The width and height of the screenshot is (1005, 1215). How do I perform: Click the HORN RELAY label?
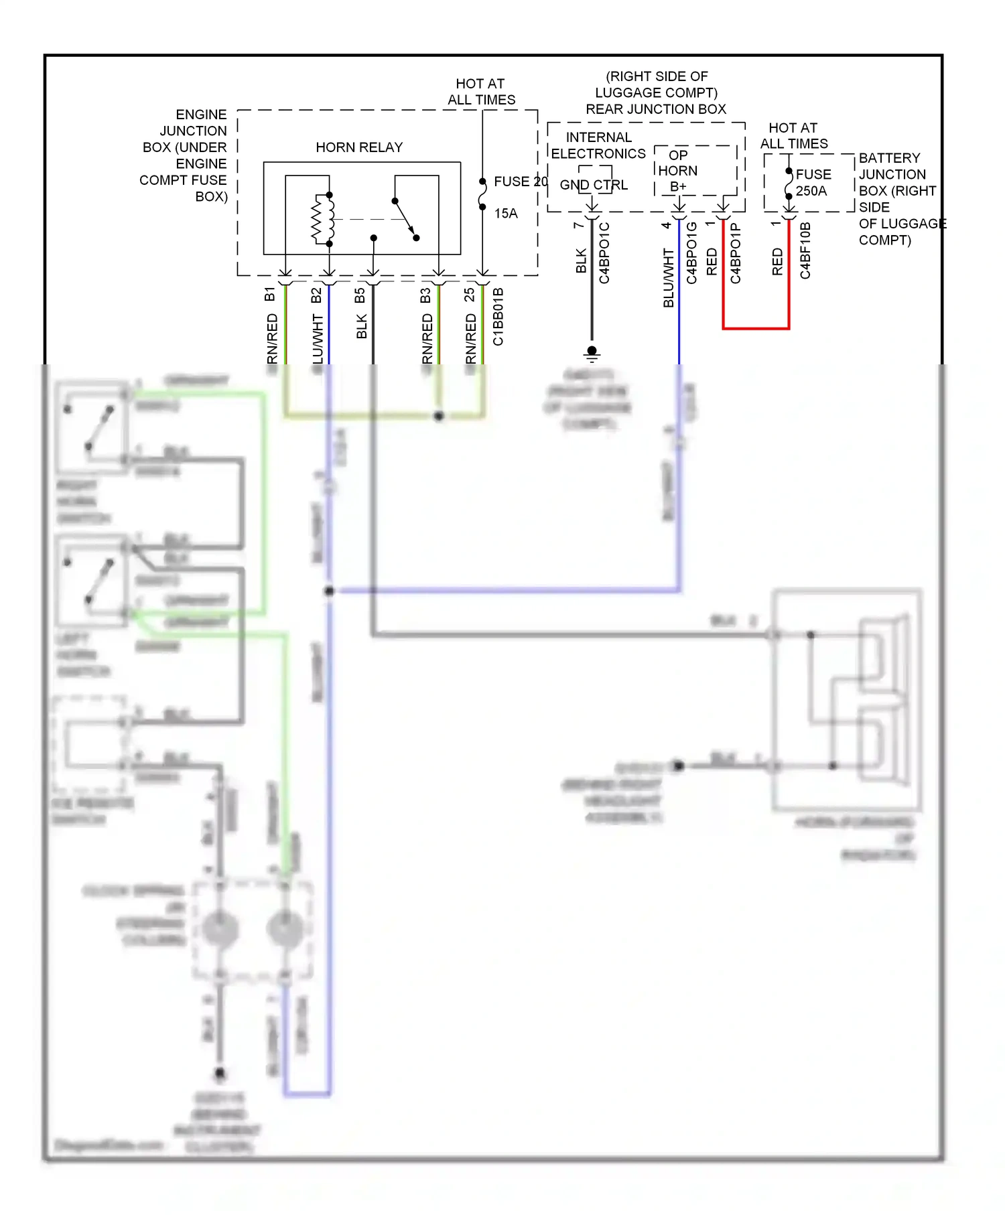(x=359, y=147)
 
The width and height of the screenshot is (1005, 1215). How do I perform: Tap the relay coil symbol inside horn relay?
(x=322, y=219)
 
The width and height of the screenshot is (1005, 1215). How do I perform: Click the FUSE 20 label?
(x=520, y=182)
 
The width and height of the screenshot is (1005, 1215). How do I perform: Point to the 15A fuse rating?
(x=506, y=214)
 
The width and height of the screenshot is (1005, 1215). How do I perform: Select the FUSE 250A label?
(x=813, y=182)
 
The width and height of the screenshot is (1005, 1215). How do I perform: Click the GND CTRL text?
(x=594, y=185)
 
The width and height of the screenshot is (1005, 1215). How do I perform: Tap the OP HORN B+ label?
(x=677, y=171)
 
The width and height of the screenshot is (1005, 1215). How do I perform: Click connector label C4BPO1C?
(x=604, y=253)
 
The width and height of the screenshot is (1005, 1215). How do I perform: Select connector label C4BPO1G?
(x=692, y=253)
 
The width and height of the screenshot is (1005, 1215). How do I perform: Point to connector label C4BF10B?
(x=805, y=251)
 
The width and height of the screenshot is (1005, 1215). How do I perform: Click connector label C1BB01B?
(x=498, y=316)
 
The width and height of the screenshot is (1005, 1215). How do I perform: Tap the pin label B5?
(x=360, y=295)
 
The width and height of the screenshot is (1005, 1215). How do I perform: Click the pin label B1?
(x=270, y=294)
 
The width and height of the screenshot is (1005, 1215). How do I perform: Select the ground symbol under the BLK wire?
(x=592, y=352)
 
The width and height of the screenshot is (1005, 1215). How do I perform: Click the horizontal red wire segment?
(x=756, y=328)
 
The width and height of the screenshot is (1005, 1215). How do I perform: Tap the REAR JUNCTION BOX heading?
(x=656, y=109)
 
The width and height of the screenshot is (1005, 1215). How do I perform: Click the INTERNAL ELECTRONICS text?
(x=598, y=145)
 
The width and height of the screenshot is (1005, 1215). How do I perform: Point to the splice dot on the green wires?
(x=439, y=416)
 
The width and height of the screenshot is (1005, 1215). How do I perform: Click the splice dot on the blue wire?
(x=329, y=591)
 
